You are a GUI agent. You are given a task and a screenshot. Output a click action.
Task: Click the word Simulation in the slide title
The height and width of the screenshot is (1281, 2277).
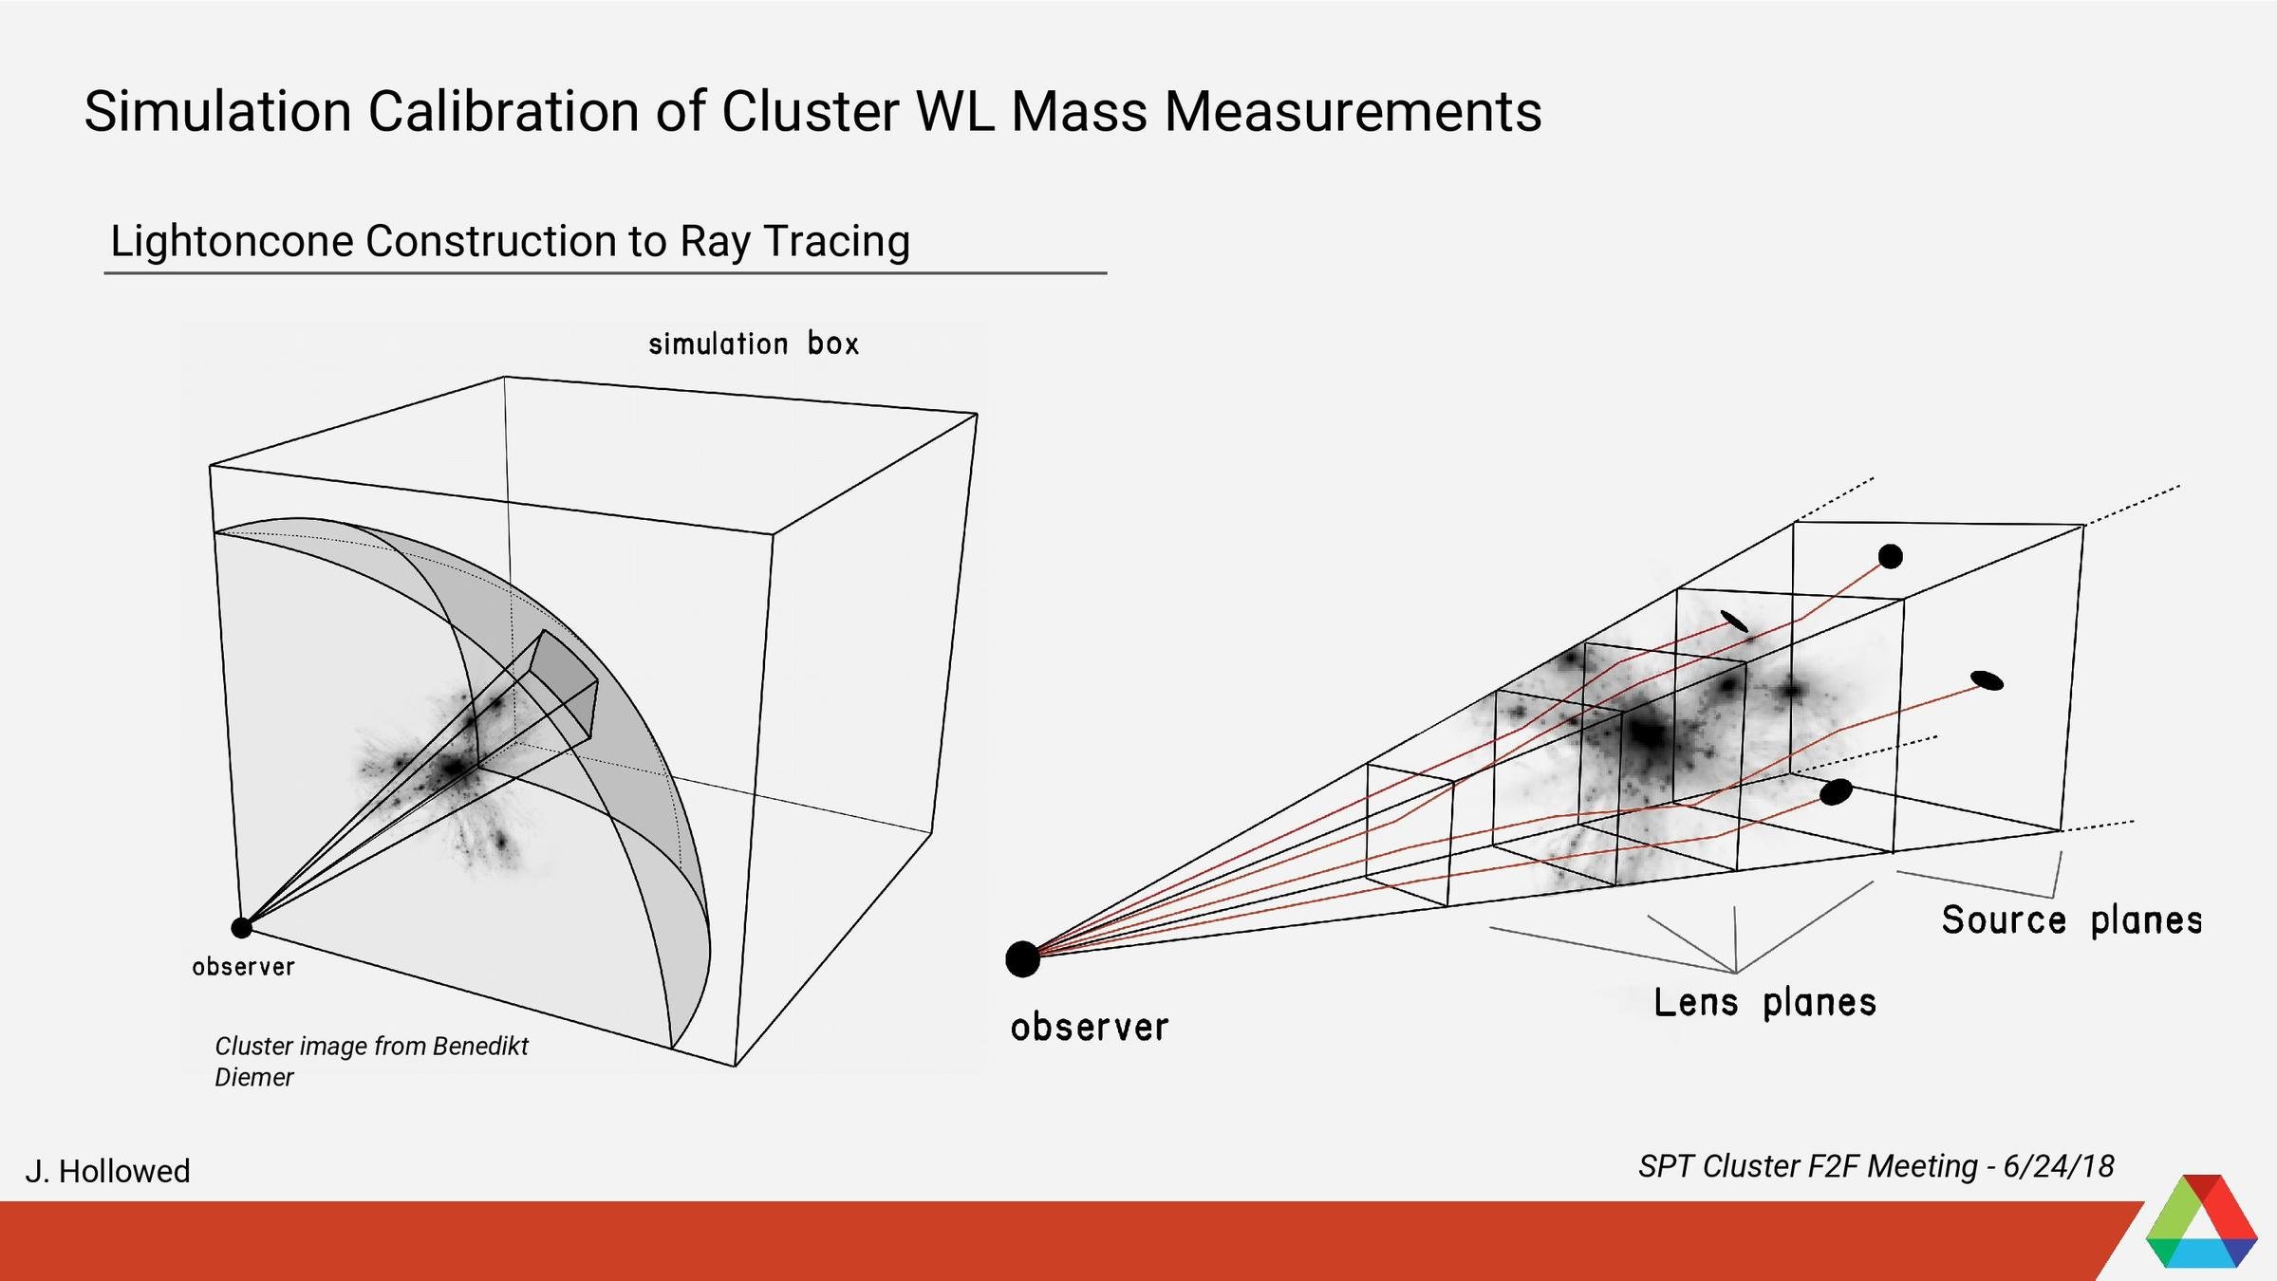click(217, 111)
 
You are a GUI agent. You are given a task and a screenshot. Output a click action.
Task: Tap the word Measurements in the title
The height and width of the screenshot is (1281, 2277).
click(1353, 111)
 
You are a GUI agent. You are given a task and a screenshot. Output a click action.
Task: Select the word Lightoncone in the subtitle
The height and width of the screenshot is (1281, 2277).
click(232, 241)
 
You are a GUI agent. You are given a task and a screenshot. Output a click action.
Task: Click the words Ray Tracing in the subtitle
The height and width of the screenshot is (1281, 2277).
click(794, 241)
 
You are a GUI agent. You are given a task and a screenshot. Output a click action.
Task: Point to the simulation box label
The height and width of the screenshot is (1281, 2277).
click(754, 343)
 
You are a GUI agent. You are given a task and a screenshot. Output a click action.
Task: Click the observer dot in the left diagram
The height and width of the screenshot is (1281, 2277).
click(242, 927)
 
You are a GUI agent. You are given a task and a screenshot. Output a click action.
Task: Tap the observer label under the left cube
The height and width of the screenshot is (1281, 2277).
click(243, 967)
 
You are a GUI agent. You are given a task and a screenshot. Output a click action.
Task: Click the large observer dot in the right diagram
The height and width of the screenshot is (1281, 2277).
click(1022, 959)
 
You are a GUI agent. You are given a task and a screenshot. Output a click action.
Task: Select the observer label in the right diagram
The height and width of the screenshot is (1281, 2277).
click(1089, 1027)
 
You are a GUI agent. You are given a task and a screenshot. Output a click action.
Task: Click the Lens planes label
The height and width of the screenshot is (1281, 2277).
click(1764, 1002)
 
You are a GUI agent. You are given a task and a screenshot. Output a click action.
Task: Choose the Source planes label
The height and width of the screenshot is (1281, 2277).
click(2071, 919)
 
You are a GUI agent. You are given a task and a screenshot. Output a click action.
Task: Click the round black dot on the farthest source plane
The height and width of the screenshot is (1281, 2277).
click(1890, 556)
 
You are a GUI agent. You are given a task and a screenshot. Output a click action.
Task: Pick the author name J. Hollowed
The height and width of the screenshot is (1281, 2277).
click(107, 1171)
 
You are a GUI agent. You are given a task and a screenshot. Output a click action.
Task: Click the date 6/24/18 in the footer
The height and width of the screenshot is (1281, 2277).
click(2058, 1166)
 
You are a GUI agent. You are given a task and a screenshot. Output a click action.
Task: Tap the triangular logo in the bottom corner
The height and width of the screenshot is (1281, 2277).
click(2201, 1224)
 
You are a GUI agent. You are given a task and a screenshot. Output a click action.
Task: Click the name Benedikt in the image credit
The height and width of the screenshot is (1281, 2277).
click(479, 1046)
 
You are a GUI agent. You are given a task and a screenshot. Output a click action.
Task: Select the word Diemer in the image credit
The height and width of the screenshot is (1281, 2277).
click(254, 1078)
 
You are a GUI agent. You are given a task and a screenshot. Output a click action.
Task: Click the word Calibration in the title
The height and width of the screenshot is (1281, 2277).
click(504, 111)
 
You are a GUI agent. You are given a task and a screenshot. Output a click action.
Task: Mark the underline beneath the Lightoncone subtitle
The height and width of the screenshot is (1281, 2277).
click(605, 273)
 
